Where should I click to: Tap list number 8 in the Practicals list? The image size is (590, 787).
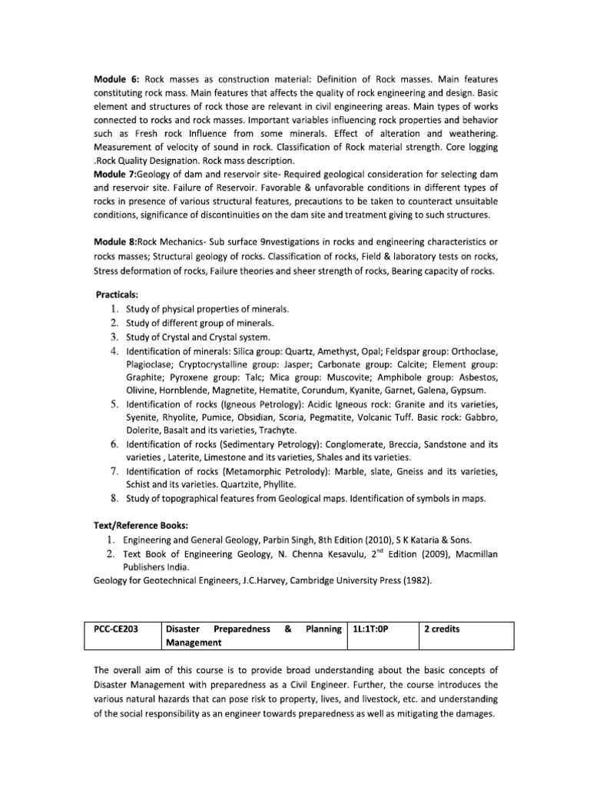[113, 499]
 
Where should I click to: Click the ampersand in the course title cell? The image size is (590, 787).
[287, 629]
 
